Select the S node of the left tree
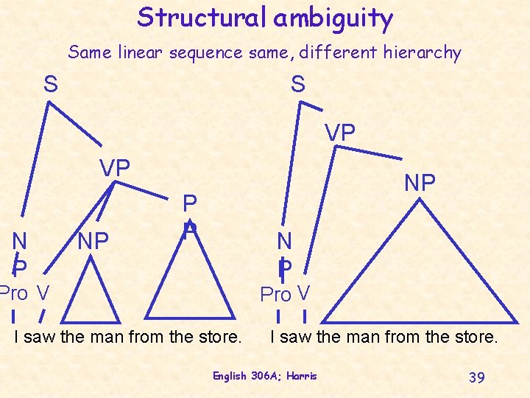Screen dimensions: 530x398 [x=50, y=85]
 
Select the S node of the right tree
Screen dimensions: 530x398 [x=297, y=85]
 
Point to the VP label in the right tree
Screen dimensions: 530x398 [x=341, y=133]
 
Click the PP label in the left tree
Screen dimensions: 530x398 [x=190, y=214]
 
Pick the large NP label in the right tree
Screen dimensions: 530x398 [x=420, y=183]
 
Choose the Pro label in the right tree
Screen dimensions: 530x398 [x=276, y=295]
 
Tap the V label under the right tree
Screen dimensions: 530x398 [x=303, y=294]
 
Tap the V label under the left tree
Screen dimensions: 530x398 [x=43, y=293]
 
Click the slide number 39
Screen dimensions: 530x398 [x=476, y=377]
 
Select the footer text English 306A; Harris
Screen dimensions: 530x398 [x=265, y=376]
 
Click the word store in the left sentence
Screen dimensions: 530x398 [x=219, y=338]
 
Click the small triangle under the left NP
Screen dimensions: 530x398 [x=90, y=295]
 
